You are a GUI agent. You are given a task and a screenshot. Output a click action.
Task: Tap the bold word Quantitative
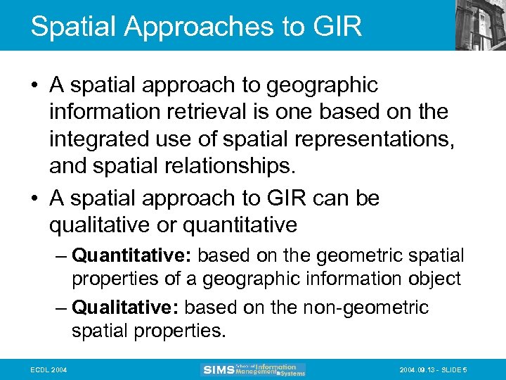pyautogui.click(x=133, y=255)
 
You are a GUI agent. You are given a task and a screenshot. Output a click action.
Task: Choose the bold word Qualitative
pyautogui.click(x=127, y=308)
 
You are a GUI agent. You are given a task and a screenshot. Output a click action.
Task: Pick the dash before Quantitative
pyautogui.click(x=60, y=255)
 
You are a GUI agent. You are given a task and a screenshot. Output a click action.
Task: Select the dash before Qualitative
pyautogui.click(x=60, y=308)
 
